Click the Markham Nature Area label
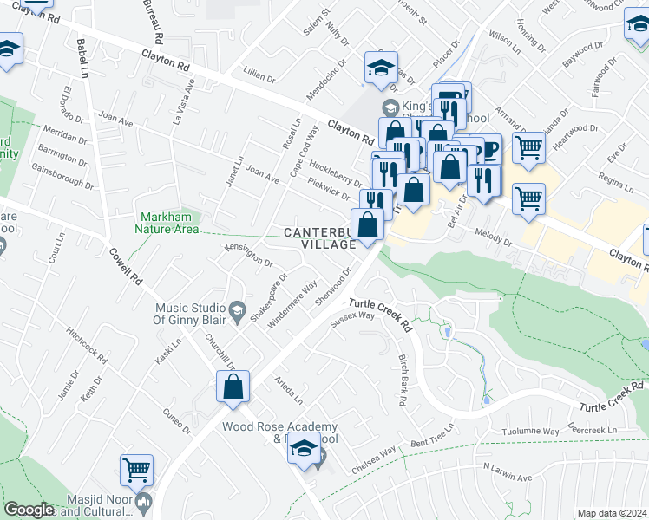(x=166, y=224)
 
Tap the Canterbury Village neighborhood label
(x=319, y=238)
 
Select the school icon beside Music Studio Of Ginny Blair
(x=237, y=309)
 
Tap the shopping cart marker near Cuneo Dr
(x=136, y=471)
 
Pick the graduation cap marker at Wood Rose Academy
(x=304, y=448)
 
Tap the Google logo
(x=29, y=510)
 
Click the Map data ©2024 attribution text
(x=611, y=513)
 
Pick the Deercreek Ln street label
(x=593, y=429)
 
